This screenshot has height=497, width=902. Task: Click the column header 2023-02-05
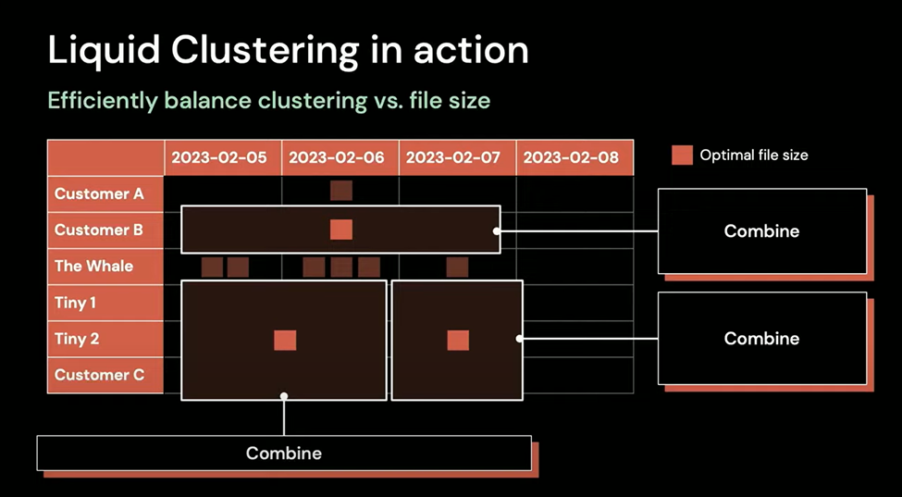point(223,157)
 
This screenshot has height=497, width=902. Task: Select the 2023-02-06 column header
point(340,157)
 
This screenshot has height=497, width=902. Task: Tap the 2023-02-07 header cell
point(457,157)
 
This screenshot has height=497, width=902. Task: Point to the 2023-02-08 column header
point(575,157)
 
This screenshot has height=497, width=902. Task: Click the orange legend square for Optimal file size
point(682,155)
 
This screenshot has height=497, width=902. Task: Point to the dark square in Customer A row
point(341,191)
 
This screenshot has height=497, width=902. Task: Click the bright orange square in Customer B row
point(341,230)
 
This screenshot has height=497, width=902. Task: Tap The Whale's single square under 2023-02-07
point(457,267)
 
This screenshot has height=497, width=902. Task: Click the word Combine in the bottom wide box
point(284,454)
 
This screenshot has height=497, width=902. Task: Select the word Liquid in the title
point(104,51)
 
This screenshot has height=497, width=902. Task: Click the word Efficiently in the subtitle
point(103,101)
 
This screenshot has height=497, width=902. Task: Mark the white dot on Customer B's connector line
point(496,230)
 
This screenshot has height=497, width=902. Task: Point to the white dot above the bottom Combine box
point(284,396)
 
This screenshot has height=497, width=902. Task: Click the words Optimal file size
point(754,155)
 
